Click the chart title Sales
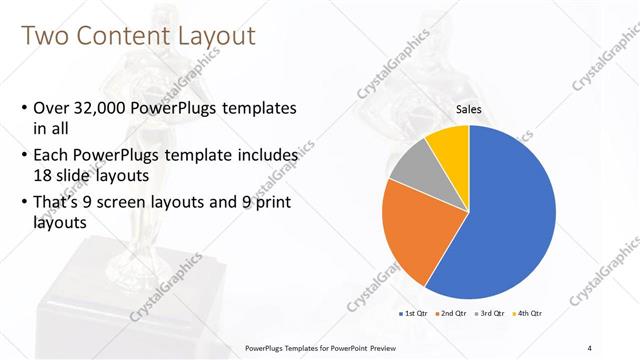click(469, 109)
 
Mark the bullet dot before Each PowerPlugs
click(24, 157)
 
